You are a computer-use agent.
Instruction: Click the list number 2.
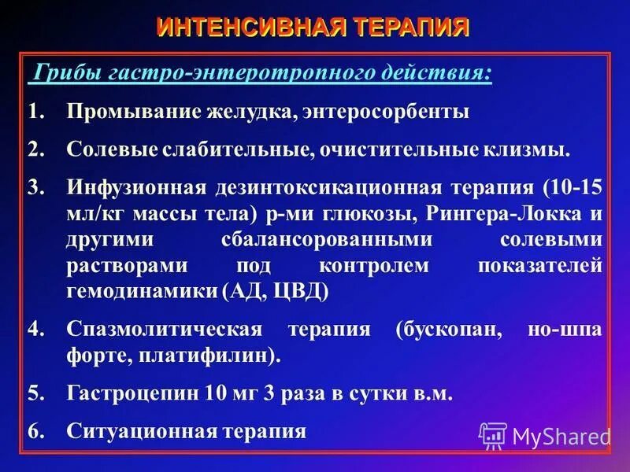coord(35,149)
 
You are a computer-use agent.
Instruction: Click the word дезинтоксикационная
coord(329,189)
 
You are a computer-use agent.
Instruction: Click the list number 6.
coord(35,430)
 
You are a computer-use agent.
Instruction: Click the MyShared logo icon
coord(493,436)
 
